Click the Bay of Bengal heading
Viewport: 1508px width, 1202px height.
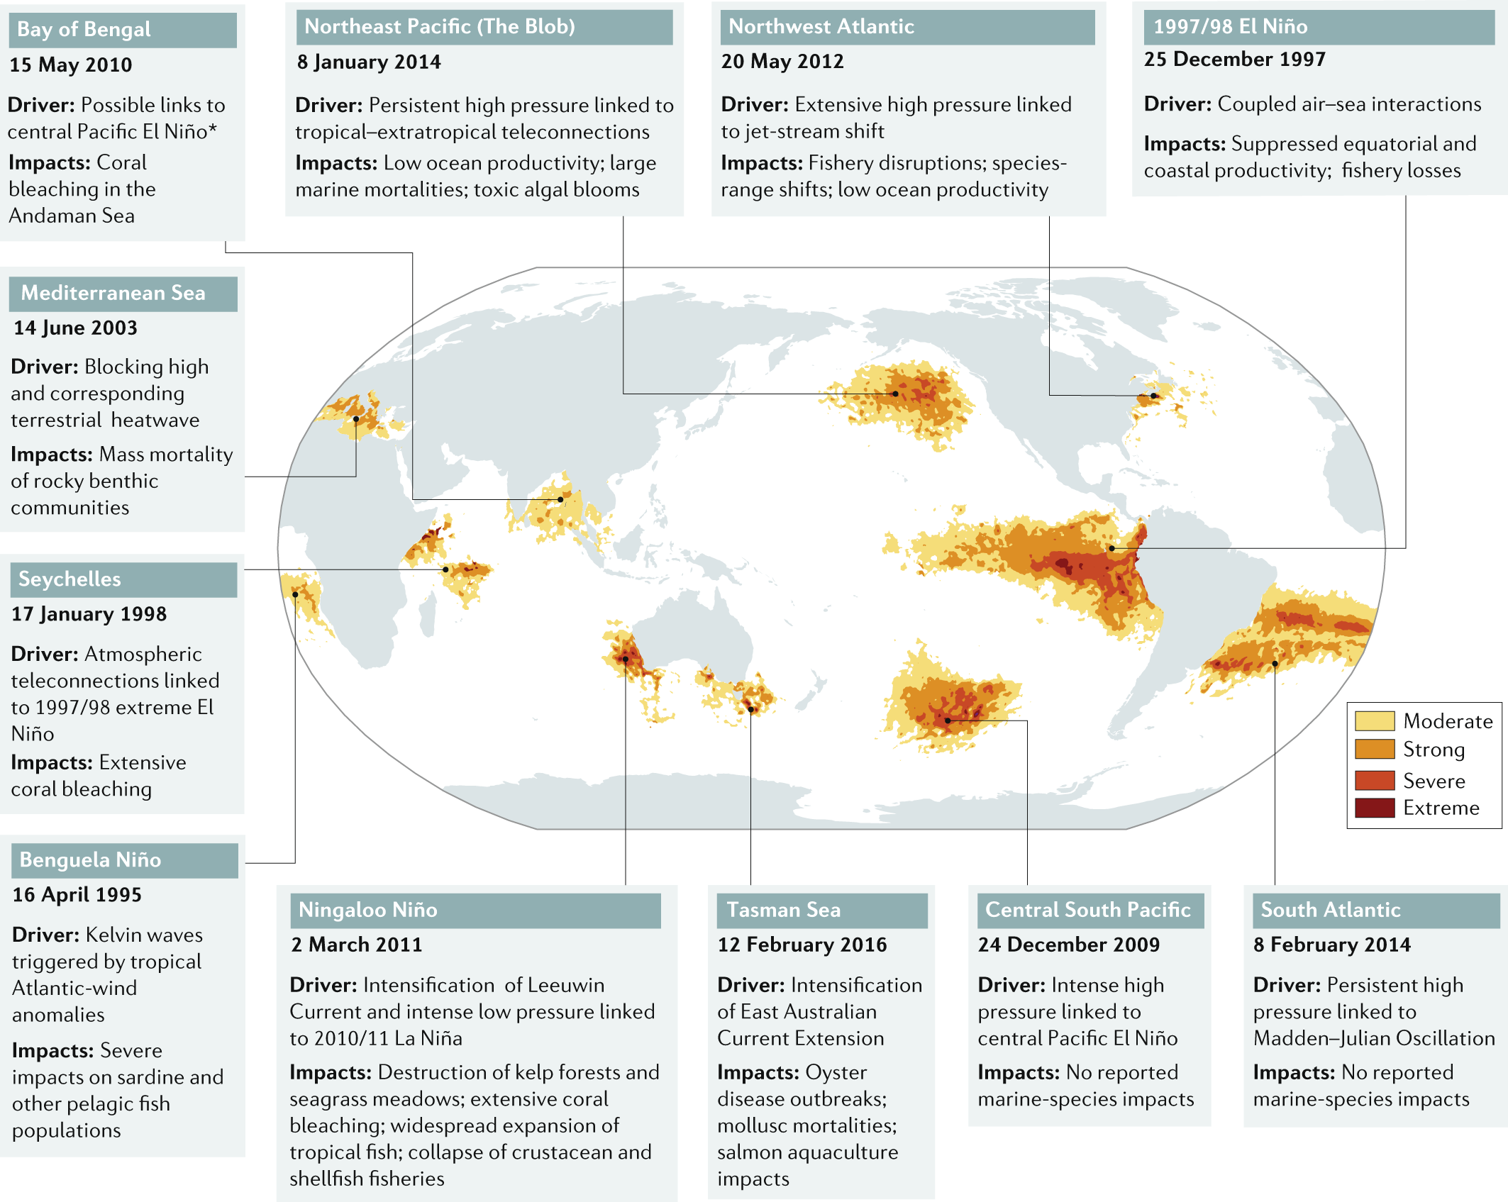[x=84, y=30]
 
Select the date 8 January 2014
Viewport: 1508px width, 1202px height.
[x=369, y=62]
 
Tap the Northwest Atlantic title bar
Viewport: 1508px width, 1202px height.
[x=821, y=27]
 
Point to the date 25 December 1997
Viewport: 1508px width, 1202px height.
[x=1234, y=60]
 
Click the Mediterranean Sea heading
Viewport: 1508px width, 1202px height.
[x=113, y=293]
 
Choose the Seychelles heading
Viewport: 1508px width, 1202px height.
[x=70, y=579]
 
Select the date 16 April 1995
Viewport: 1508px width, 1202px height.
[x=77, y=895]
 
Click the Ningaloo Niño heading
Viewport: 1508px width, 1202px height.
[x=367, y=910]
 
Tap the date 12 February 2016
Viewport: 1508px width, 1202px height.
[x=802, y=945]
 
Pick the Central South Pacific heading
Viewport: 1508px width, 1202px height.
[x=1087, y=910]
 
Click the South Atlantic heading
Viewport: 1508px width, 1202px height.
[x=1330, y=910]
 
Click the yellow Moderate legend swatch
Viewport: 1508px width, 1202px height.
[x=1374, y=721]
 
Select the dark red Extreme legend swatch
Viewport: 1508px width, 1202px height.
[x=1374, y=808]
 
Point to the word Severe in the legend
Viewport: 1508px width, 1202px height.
[x=1434, y=781]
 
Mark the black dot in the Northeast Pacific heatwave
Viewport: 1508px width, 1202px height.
[x=895, y=394]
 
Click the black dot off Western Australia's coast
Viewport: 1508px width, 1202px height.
[x=626, y=659]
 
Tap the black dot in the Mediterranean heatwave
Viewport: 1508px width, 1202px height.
[x=356, y=419]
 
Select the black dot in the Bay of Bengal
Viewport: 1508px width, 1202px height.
[x=560, y=499]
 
